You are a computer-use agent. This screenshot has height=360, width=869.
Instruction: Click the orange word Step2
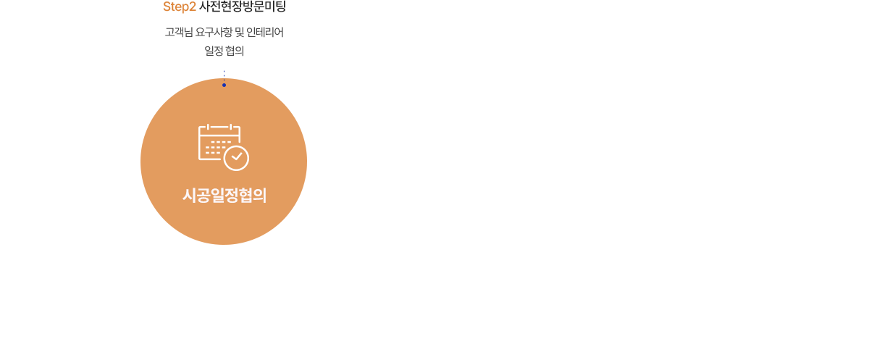pos(180,7)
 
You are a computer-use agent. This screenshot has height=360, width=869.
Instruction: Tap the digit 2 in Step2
pos(193,7)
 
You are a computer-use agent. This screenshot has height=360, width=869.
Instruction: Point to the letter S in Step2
pos(167,7)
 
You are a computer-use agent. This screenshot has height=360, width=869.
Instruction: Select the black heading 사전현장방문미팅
pos(243,7)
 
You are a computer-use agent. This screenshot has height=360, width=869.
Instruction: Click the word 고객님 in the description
pos(179,32)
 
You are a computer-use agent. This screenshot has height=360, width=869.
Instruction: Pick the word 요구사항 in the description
pos(214,32)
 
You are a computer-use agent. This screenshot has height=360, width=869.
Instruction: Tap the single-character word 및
pos(240,32)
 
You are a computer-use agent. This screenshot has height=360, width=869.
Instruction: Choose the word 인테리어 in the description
pos(265,32)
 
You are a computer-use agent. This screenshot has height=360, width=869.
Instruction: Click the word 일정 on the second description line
pos(214,51)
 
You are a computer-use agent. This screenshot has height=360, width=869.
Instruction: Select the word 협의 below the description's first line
pos(235,51)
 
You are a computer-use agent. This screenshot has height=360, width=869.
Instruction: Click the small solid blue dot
pos(224,85)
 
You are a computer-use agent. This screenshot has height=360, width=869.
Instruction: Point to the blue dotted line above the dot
pos(224,77)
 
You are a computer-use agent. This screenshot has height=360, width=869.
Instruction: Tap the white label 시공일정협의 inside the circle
pos(224,195)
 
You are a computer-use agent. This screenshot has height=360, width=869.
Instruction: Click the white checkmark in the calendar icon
pos(236,156)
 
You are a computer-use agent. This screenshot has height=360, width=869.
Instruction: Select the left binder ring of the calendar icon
pos(209,127)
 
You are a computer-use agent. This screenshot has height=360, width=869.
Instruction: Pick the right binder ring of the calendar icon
pos(231,127)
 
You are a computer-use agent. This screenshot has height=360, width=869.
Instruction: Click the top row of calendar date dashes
pos(221,143)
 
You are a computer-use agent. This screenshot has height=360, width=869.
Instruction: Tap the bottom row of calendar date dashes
pos(213,153)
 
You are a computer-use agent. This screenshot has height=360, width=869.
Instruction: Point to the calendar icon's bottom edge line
pos(211,159)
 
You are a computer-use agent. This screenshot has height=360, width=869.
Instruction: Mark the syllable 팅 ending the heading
pos(280,7)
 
